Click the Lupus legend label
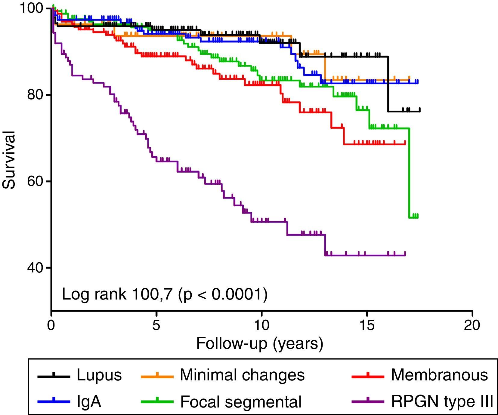(x=99, y=375)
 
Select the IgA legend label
(x=89, y=402)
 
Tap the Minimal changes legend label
(x=242, y=375)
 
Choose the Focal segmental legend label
(x=241, y=402)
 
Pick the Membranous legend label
(x=439, y=375)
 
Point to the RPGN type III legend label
(x=442, y=402)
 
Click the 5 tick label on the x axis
(x=156, y=325)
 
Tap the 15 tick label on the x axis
(x=367, y=325)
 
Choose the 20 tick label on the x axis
(x=472, y=325)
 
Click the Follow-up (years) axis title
(x=259, y=343)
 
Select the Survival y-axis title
(x=9, y=159)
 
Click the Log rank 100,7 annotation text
(x=164, y=294)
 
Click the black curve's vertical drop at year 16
(x=388, y=84)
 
